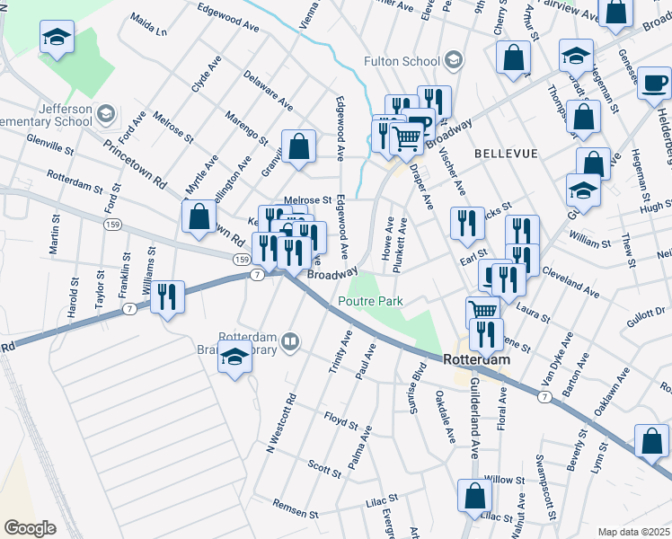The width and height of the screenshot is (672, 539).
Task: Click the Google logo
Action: (30, 528)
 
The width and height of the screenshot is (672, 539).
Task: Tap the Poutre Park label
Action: (369, 302)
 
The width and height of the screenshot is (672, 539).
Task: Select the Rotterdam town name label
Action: (476, 358)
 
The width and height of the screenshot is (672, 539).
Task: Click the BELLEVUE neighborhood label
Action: (506, 154)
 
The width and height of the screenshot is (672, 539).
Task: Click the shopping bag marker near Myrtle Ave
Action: (199, 216)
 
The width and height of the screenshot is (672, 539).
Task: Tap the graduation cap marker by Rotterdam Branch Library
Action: (235, 358)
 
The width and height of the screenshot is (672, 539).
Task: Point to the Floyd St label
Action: (341, 420)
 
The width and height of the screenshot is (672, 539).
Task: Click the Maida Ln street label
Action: (149, 23)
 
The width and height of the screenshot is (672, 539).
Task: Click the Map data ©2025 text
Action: (634, 532)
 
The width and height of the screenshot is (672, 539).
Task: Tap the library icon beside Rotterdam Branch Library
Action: (289, 341)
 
